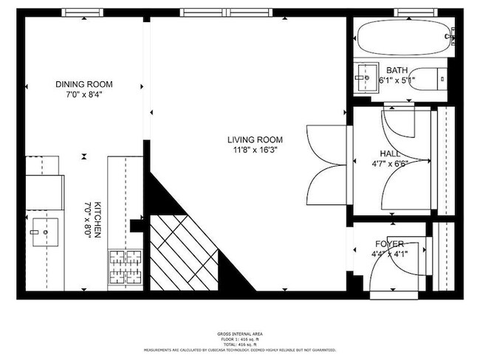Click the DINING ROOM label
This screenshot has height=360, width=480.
83,84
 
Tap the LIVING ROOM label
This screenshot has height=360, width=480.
256,139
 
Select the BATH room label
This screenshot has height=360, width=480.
397,70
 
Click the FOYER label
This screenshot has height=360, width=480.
389,244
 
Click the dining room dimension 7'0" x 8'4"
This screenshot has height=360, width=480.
83,94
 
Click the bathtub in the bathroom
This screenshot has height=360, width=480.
403,36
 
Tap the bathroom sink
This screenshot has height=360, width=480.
364,76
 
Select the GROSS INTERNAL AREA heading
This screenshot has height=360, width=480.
239,334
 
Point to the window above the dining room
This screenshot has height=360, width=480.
82,13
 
